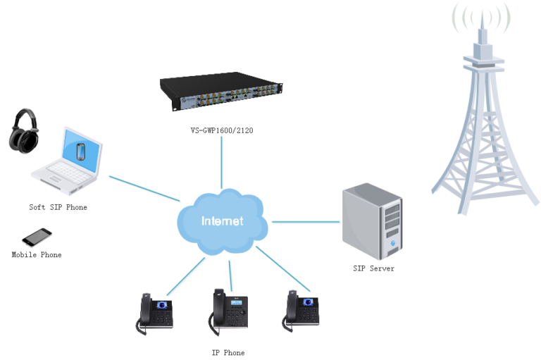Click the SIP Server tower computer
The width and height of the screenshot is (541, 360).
[373, 221]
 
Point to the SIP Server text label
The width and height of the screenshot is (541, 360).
[373, 268]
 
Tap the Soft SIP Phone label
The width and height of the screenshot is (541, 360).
[58, 207]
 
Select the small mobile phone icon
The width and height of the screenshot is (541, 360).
[37, 236]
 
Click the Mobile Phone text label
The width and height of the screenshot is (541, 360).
[36, 255]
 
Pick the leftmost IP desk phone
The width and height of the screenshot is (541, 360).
[155, 314]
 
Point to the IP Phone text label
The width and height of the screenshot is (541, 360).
[228, 352]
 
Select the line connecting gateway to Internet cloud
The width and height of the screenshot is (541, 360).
[221, 162]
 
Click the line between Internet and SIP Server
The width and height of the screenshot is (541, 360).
[304, 221]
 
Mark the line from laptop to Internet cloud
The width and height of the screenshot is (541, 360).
[144, 190]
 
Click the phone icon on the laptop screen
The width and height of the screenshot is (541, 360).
[81, 151]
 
